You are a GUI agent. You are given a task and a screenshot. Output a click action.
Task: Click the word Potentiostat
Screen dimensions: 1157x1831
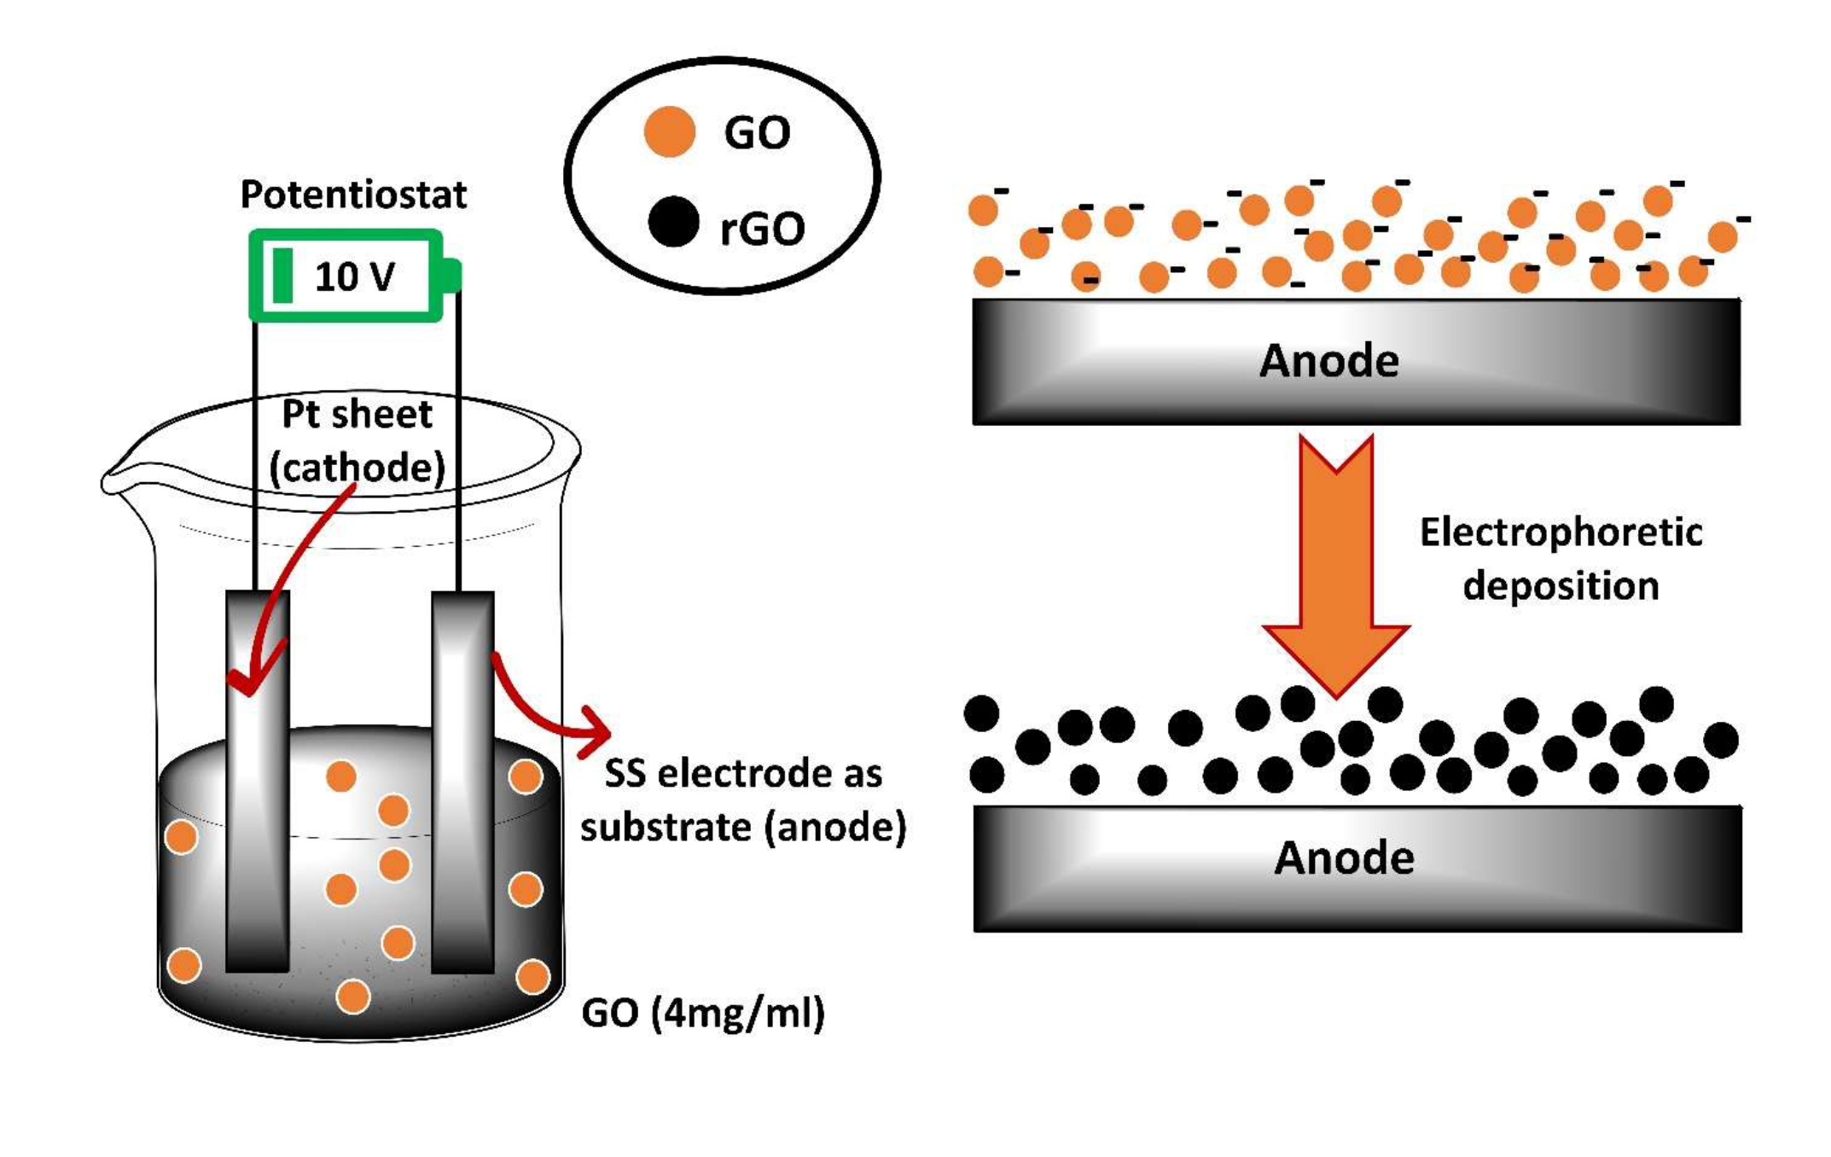tap(353, 195)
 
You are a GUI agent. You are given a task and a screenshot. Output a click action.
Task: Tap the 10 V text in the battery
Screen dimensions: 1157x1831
tap(354, 276)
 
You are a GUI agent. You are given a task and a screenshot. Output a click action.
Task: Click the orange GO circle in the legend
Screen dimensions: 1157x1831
tap(669, 132)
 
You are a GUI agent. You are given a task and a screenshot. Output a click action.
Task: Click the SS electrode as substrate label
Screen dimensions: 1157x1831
tap(743, 800)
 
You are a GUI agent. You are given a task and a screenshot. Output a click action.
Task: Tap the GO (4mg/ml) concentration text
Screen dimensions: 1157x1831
tap(703, 1014)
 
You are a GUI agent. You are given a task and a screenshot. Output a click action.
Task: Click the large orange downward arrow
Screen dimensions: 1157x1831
tap(1336, 563)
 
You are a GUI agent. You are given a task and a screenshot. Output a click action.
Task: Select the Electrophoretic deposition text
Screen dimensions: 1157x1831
tap(1561, 559)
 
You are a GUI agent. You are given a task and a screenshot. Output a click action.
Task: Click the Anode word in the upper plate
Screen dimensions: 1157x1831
tap(1329, 361)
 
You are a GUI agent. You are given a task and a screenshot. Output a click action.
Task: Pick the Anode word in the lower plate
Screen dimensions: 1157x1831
tap(1344, 858)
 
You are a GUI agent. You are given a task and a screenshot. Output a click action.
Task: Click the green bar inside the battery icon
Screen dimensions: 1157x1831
tap(282, 276)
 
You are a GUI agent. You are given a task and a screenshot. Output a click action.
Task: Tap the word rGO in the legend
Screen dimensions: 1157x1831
tap(762, 229)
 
